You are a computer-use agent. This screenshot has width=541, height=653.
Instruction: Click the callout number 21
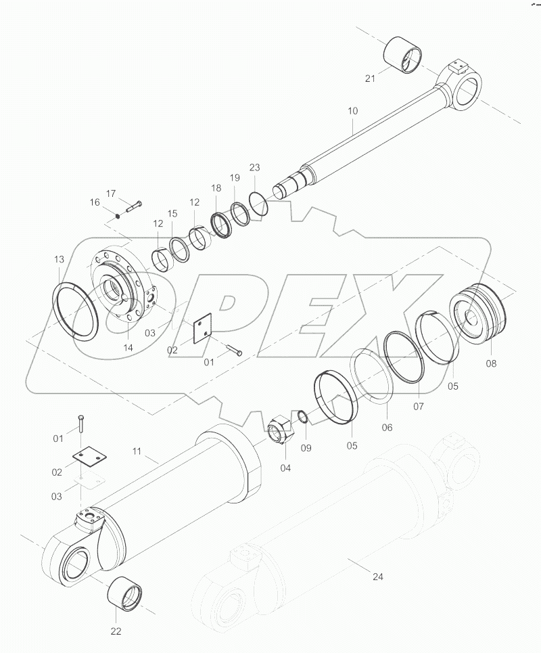(x=370, y=79)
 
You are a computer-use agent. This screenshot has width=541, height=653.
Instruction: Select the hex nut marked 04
(x=280, y=431)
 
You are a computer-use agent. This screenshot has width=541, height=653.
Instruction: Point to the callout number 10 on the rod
(x=353, y=110)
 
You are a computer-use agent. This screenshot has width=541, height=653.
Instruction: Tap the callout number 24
(x=377, y=577)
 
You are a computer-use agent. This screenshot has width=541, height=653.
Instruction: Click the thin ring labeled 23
(x=258, y=202)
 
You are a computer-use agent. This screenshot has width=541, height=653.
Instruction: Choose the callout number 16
(x=95, y=202)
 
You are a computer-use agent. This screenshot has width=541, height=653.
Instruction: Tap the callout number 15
(x=172, y=214)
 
